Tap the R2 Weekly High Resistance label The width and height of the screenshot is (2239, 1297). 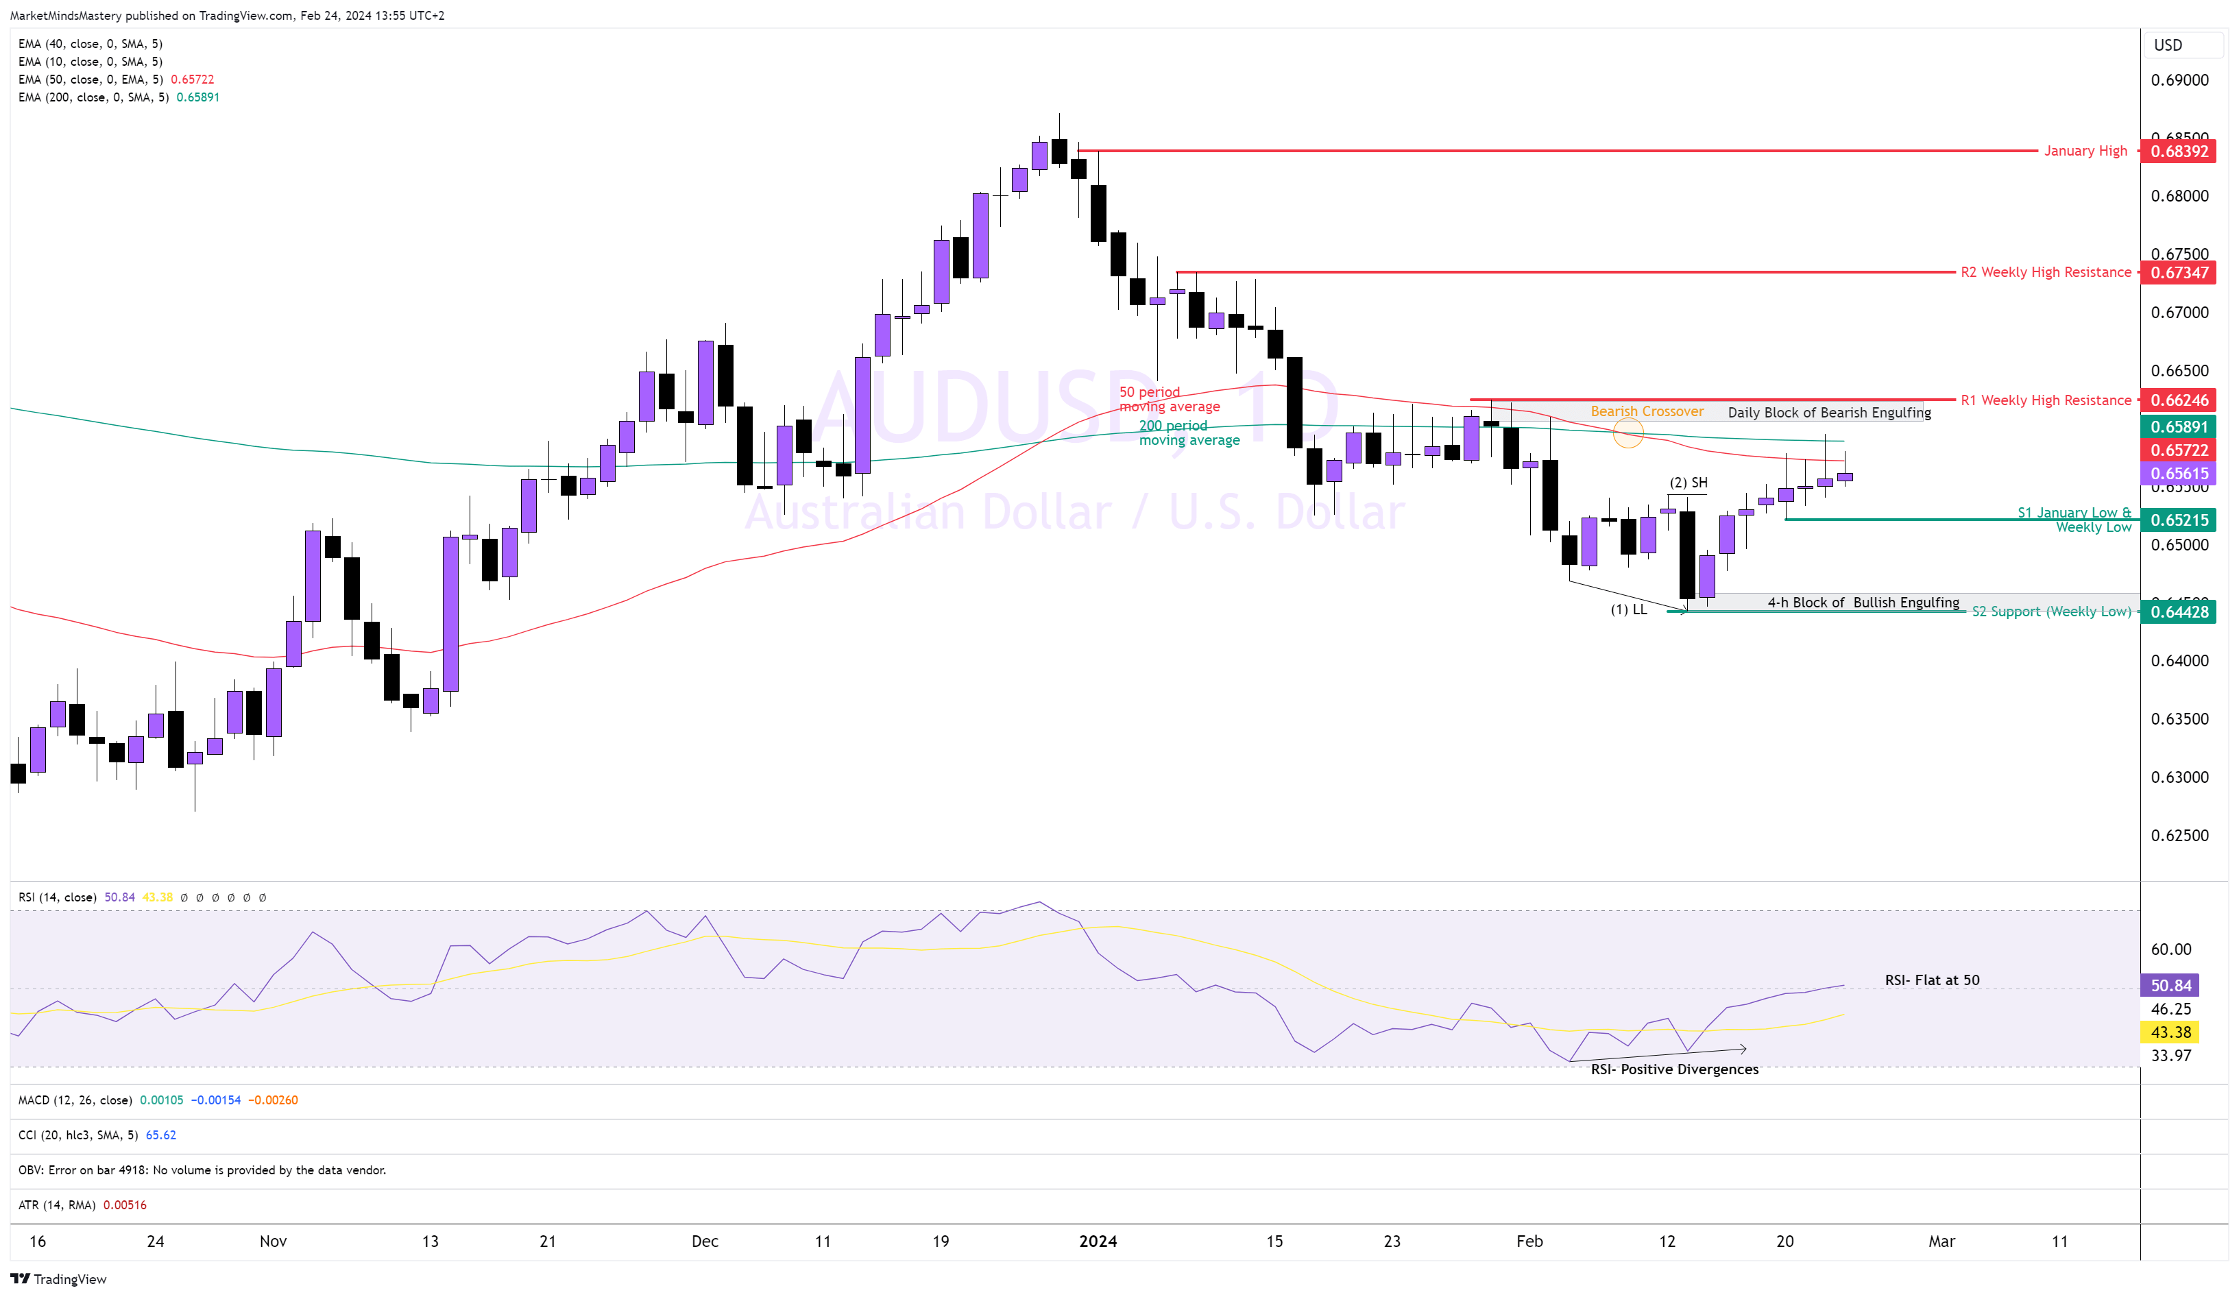2045,272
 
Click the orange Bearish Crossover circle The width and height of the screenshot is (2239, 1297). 1627,433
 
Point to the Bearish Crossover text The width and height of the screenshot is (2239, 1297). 1647,411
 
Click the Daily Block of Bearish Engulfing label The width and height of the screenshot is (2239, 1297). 1828,412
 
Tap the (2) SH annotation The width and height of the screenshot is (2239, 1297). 1688,483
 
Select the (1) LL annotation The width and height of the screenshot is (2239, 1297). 1629,609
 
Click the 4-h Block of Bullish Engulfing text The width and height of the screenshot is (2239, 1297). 1863,603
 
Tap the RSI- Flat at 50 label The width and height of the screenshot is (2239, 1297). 1932,980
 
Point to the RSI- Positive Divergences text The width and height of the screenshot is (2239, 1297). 1674,1069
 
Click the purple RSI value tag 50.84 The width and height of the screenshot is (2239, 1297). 2170,985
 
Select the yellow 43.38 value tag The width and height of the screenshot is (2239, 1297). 2170,1032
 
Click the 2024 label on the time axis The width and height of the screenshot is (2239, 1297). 1098,1241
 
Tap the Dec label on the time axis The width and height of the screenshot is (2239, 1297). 705,1241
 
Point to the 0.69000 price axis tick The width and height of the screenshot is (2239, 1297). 2179,80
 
